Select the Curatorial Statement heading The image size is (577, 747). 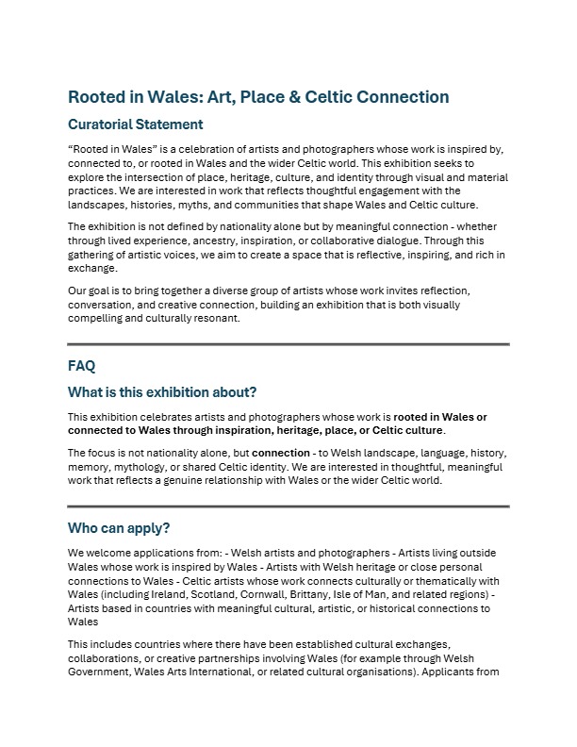[135, 124]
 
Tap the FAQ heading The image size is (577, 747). [82, 365]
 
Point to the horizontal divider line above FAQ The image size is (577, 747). [288, 344]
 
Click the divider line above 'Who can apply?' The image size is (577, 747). [288, 506]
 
